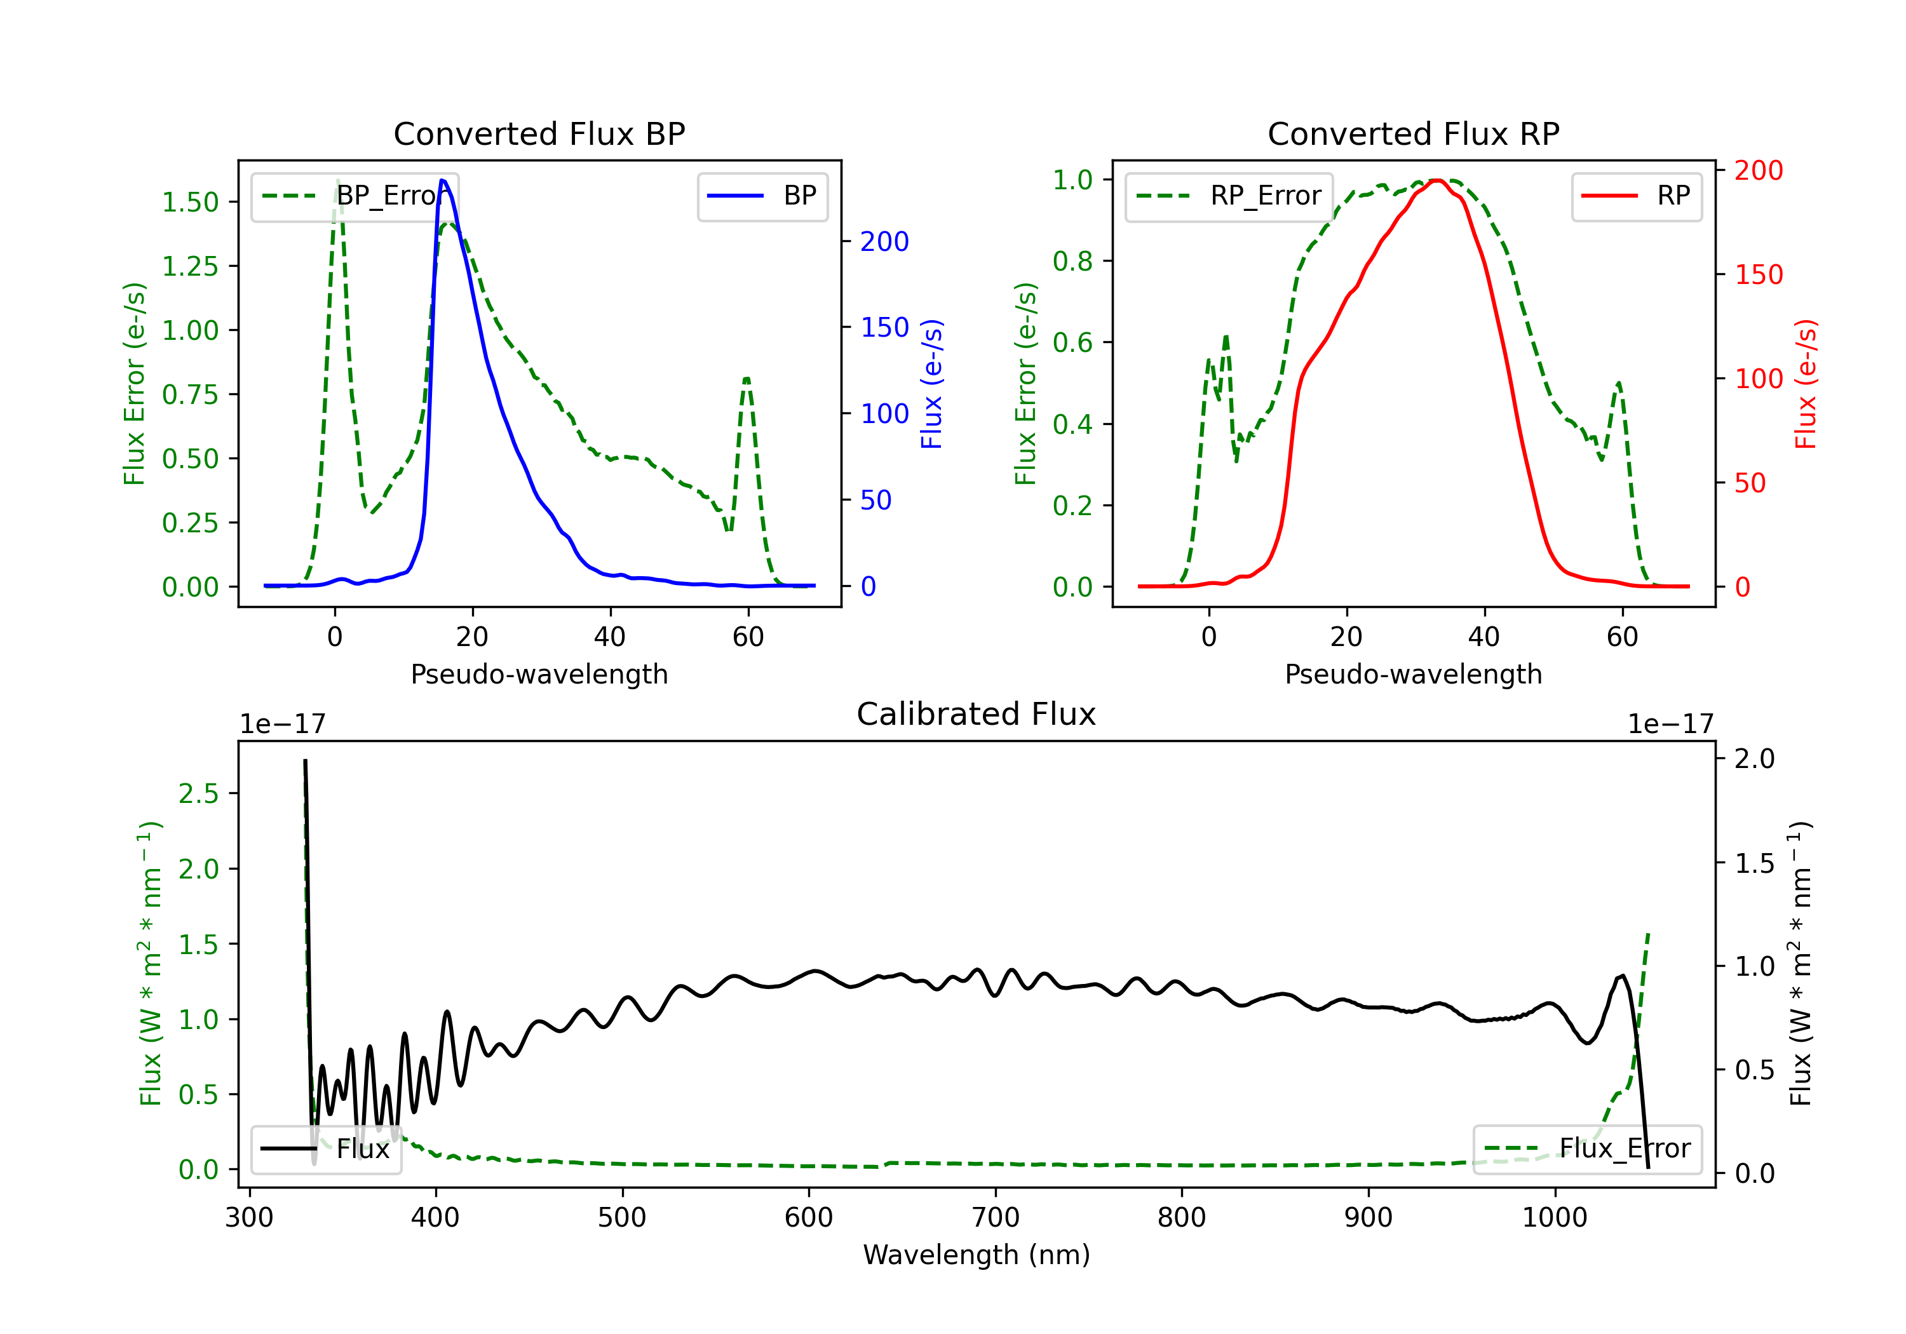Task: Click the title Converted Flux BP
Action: pos(539,133)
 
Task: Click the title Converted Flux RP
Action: pos(1413,133)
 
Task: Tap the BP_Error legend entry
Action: pos(355,196)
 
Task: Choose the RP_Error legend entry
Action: pos(1229,196)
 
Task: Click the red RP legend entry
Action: pos(1636,196)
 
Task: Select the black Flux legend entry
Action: pos(327,1149)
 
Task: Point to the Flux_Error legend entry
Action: pos(1587,1149)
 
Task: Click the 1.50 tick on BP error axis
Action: pos(190,202)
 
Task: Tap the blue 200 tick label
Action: pos(884,241)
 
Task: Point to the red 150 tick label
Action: pos(1758,275)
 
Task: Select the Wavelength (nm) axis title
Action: pos(977,1255)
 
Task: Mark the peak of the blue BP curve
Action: pos(442,180)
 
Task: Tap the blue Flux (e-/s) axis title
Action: pos(931,384)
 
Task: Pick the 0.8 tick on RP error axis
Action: pos(1072,262)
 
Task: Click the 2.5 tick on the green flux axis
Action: pos(198,793)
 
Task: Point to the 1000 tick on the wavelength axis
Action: pos(1554,1218)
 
